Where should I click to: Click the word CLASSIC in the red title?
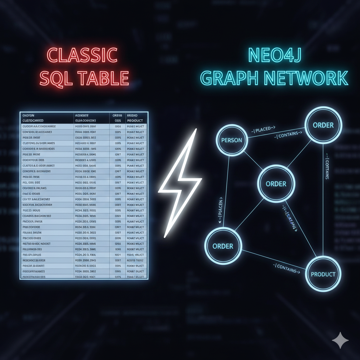point(82,56)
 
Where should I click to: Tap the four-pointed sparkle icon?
point(340,340)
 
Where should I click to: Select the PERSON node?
point(232,140)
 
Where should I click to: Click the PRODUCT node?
point(323,274)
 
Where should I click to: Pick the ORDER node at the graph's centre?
point(276,184)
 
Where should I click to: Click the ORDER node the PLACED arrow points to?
point(323,125)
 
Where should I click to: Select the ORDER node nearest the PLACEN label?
point(223,246)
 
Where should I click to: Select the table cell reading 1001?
point(117,255)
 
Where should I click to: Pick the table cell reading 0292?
point(117,243)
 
